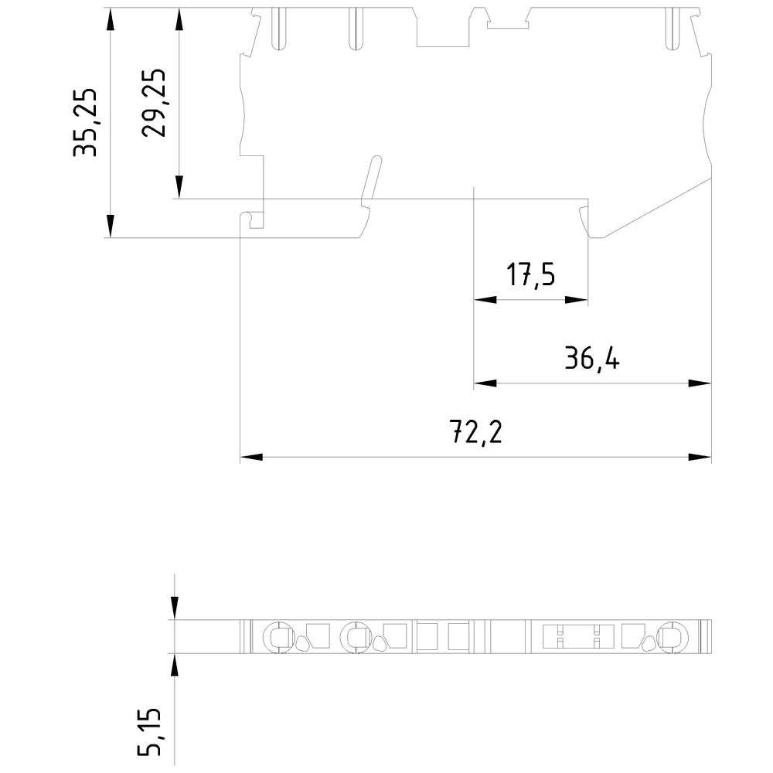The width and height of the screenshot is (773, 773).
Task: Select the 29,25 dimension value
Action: pyautogui.click(x=154, y=103)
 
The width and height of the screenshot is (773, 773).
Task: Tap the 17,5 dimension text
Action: pyautogui.click(x=531, y=274)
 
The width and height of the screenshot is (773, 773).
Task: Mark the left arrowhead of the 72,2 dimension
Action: pyautogui.click(x=251, y=458)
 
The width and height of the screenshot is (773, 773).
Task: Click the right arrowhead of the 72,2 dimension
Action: pyautogui.click(x=700, y=458)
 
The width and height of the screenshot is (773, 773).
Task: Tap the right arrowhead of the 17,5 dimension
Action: pyautogui.click(x=577, y=300)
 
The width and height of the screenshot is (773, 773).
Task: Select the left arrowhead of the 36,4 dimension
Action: pyautogui.click(x=484, y=383)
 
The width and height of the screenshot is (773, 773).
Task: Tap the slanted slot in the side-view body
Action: pyautogui.click(x=371, y=182)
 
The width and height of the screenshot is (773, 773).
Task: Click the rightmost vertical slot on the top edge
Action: pyautogui.click(x=669, y=29)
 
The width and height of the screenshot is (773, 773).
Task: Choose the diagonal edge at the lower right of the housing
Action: pyautogui.click(x=653, y=209)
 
